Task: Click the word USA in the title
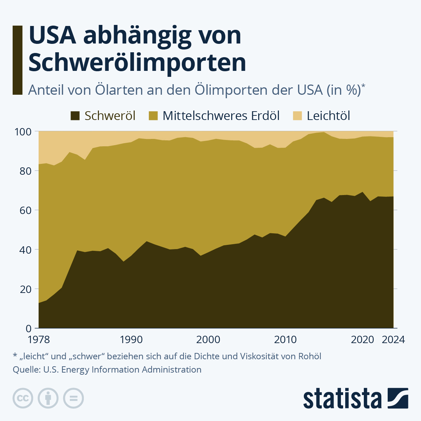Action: [x=52, y=35]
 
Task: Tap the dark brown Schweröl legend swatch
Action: [x=75, y=116]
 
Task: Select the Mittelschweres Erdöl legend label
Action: [x=221, y=116]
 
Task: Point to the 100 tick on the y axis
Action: [x=23, y=132]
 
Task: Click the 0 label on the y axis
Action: [x=28, y=328]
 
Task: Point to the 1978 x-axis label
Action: [x=39, y=340]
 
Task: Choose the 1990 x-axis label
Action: [x=131, y=340]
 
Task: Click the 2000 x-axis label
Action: [x=208, y=340]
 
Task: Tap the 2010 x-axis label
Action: [x=285, y=340]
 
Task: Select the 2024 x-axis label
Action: [x=393, y=340]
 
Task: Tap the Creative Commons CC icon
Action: [x=23, y=399]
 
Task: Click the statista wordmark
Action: [x=342, y=398]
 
